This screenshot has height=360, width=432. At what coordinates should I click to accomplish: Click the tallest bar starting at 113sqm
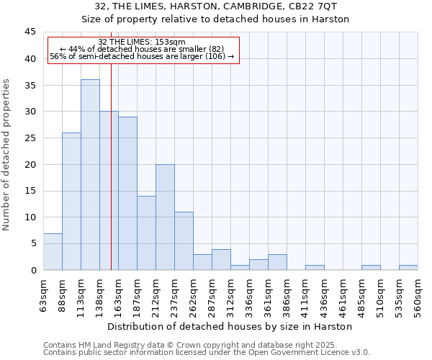pos(90,175)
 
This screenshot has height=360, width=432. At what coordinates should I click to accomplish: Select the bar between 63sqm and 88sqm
pos(53,252)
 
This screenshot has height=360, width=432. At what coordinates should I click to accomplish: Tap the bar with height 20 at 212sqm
pos(165,217)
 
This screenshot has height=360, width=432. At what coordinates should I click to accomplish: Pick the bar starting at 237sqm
pos(184,241)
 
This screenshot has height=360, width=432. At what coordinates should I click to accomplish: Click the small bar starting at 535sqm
pos(408,268)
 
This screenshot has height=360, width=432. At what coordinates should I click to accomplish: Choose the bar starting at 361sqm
pos(277,262)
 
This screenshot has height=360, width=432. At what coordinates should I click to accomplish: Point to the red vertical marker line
pos(111,180)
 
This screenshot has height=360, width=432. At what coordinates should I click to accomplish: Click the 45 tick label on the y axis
pos(30,32)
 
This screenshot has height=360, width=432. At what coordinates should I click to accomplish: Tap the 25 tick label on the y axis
pos(30,138)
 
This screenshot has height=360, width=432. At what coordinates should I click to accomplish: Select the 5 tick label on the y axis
pos(32,244)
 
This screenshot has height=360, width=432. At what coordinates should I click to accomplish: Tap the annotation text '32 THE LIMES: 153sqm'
pos(142,42)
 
